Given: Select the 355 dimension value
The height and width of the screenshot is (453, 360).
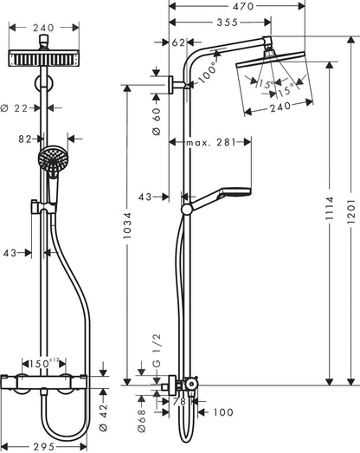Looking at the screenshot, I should click(x=226, y=23).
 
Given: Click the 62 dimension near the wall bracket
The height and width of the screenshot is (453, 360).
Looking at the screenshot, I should click(x=177, y=41).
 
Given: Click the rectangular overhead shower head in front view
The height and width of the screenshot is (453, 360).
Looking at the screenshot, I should click(x=42, y=59).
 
